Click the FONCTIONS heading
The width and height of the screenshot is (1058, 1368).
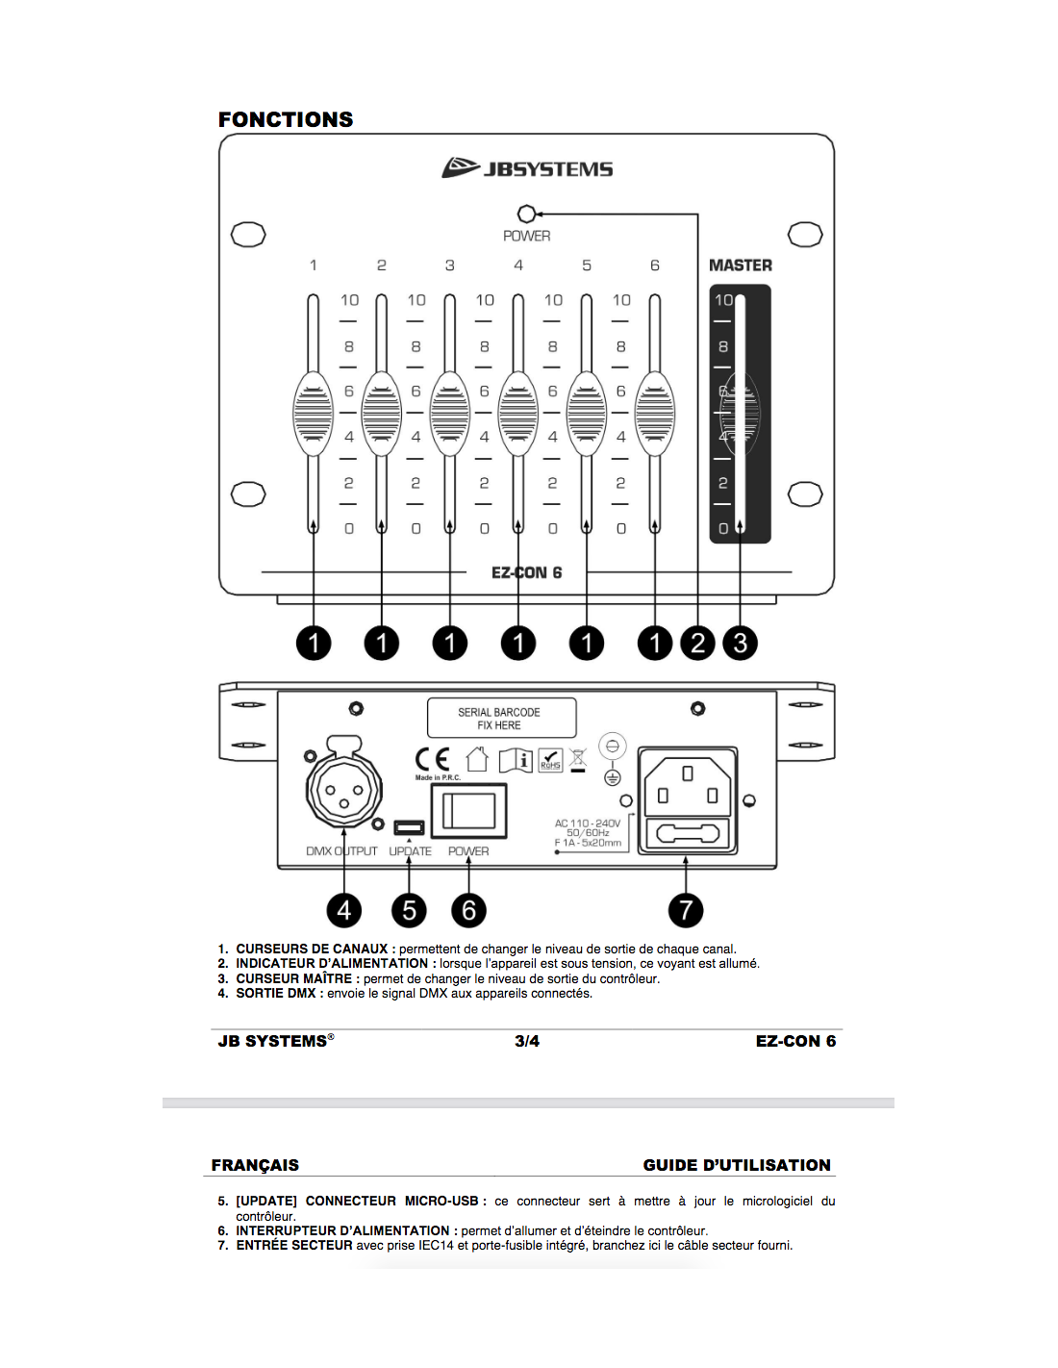point(286,119)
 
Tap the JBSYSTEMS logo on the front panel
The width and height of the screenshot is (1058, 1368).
point(527,168)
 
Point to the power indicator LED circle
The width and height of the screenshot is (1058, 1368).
point(526,214)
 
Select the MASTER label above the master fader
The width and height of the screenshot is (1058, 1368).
point(740,266)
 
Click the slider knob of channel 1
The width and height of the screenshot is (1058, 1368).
point(313,414)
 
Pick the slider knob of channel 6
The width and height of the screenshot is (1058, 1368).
point(655,414)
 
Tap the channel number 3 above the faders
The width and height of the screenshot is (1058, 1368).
point(449,266)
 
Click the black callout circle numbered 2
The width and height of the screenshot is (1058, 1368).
point(698,643)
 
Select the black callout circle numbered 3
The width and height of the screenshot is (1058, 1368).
point(740,643)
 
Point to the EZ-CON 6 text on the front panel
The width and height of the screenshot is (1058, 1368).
point(526,572)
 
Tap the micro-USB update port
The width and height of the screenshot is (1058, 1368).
point(409,827)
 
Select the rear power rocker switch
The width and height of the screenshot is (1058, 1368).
point(468,812)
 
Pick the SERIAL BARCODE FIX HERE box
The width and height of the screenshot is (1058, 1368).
point(501,719)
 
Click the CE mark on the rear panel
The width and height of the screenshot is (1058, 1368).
point(432,760)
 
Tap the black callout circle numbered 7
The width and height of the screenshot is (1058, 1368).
point(686,909)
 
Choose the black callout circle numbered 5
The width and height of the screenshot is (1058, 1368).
point(409,909)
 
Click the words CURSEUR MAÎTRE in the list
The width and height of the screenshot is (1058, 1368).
point(295,978)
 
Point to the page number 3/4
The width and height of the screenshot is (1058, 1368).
point(527,1041)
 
